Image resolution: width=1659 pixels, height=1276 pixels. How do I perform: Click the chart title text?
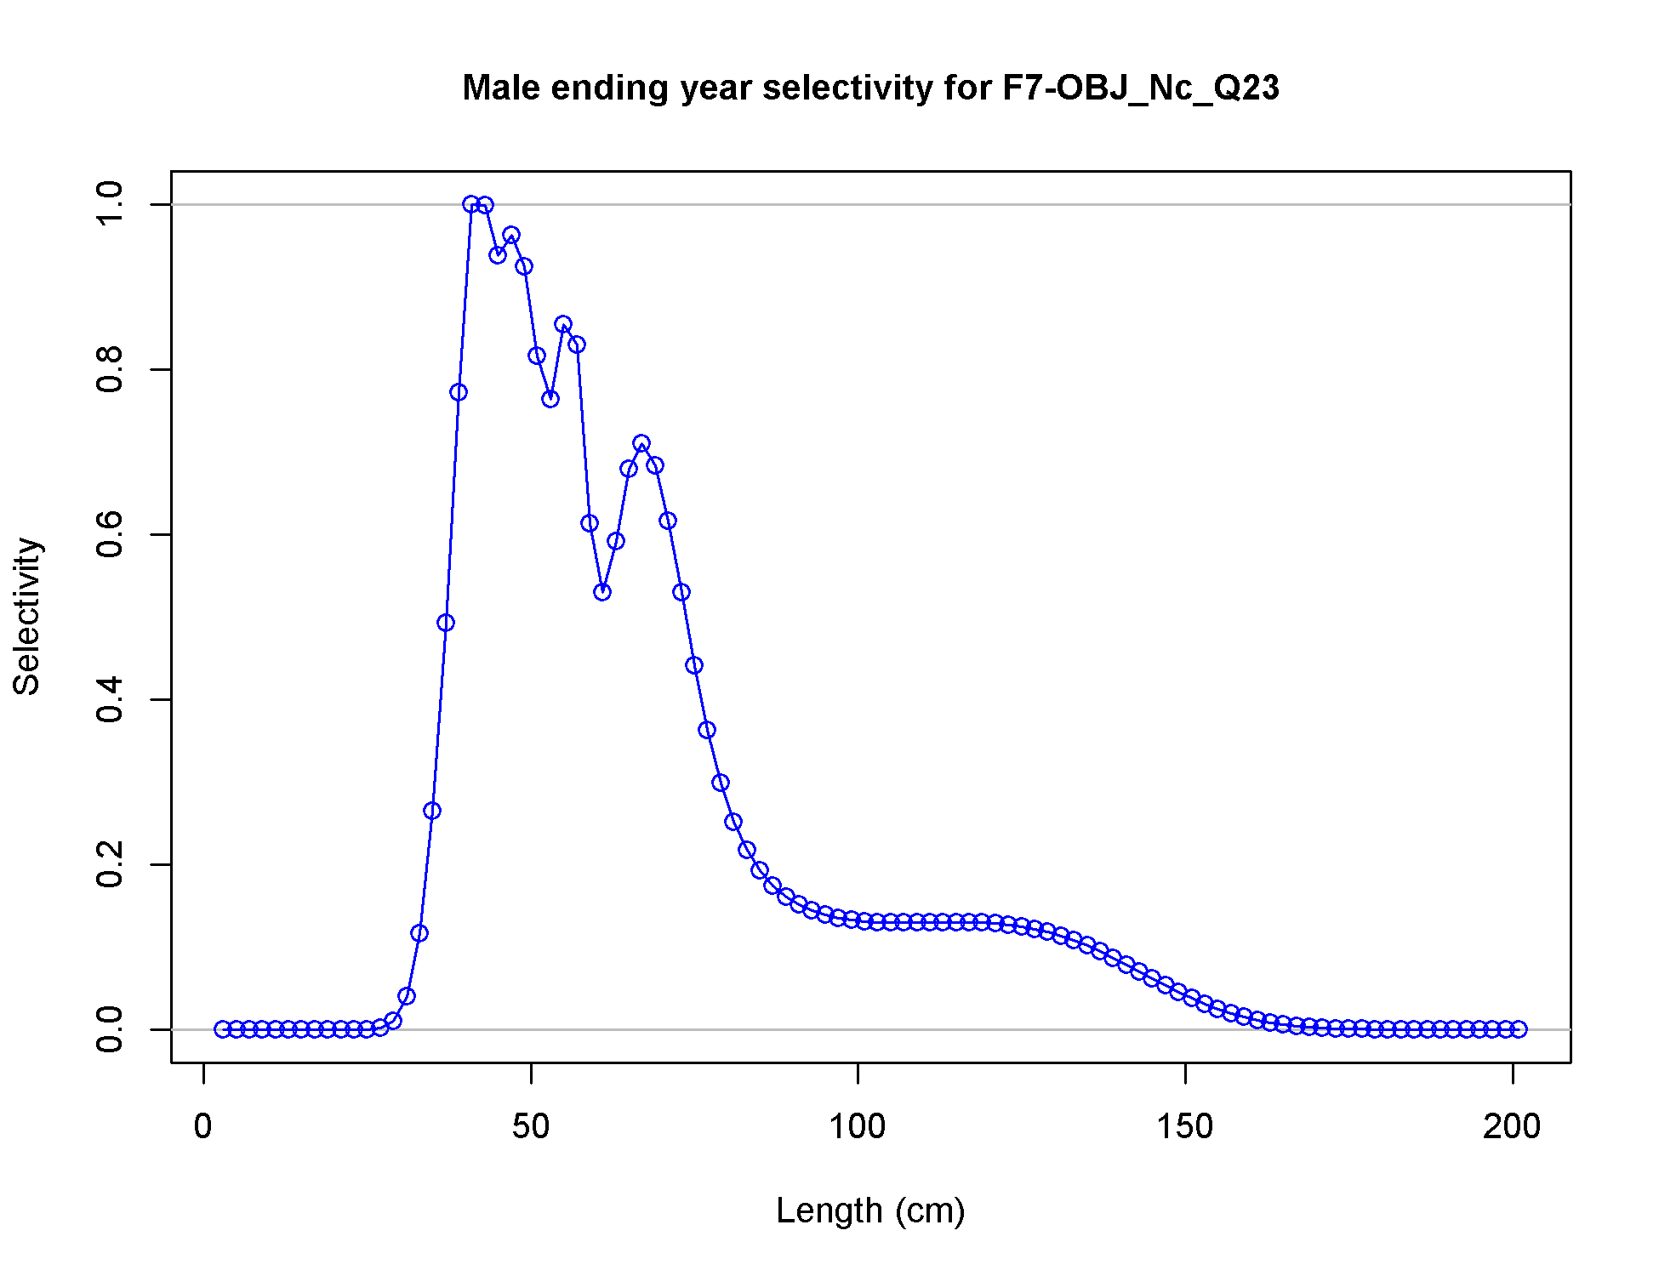(x=870, y=88)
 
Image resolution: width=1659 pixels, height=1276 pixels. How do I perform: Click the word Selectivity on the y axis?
(x=27, y=617)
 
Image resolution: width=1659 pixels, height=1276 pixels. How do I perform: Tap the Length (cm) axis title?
(x=870, y=1210)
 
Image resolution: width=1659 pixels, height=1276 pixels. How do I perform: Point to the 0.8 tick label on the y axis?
(x=110, y=369)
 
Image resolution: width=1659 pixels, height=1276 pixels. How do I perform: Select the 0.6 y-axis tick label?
(x=110, y=534)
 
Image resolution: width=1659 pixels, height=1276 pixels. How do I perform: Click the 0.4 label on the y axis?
(x=110, y=699)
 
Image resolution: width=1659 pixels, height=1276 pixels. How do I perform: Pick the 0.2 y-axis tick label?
(x=110, y=864)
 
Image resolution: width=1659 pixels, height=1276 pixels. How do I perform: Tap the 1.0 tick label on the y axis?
(x=110, y=204)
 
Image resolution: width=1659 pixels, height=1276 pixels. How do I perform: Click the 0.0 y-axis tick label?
(x=110, y=1029)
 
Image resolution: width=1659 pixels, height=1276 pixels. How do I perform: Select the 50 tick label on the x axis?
(x=531, y=1127)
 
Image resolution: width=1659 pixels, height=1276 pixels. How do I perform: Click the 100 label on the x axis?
(x=858, y=1127)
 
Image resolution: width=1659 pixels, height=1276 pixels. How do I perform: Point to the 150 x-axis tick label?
(x=1185, y=1127)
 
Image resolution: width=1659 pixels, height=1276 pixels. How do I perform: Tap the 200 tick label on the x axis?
(x=1512, y=1127)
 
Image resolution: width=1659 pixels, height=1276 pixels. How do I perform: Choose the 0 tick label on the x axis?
(x=203, y=1127)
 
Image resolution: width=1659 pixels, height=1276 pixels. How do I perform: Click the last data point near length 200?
(x=1519, y=1029)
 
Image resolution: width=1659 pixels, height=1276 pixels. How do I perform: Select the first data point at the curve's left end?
(x=223, y=1029)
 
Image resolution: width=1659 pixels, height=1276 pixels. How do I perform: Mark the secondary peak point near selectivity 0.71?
(x=641, y=443)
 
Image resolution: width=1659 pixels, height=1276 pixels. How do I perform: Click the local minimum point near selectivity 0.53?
(x=602, y=592)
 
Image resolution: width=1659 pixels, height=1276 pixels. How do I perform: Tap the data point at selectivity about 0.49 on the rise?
(x=446, y=623)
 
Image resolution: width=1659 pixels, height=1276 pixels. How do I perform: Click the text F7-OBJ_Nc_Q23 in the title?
(x=1141, y=88)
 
